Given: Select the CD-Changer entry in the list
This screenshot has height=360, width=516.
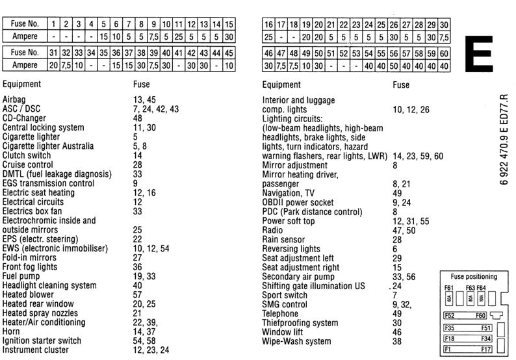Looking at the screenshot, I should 25,118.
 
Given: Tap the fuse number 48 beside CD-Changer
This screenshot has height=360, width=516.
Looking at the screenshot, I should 137,118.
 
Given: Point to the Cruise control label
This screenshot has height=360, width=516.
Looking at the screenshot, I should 29,165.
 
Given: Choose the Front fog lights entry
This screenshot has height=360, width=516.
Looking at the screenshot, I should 30,266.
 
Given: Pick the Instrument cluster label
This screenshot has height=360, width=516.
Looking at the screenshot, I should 36,350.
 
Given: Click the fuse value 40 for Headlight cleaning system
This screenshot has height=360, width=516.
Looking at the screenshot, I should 137,285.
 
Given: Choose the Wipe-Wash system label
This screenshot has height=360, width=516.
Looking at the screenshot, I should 296,341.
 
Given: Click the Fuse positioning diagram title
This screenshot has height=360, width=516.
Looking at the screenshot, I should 474,276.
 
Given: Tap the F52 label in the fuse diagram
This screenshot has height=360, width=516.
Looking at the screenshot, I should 449,316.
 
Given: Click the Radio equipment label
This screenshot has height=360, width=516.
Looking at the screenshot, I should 272,230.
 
